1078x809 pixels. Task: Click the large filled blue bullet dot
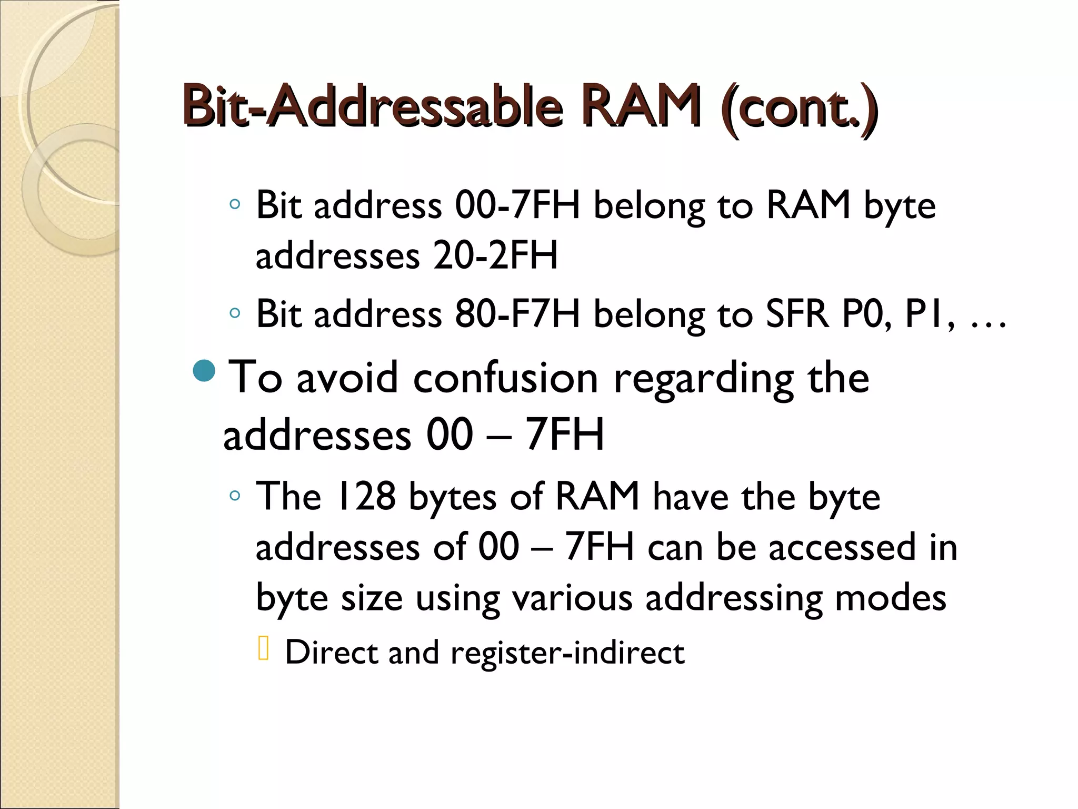[204, 371]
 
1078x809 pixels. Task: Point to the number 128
[365, 496]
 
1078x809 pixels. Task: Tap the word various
[572, 597]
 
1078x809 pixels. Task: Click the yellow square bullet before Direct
[264, 648]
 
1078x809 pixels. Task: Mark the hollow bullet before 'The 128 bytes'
[235, 496]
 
